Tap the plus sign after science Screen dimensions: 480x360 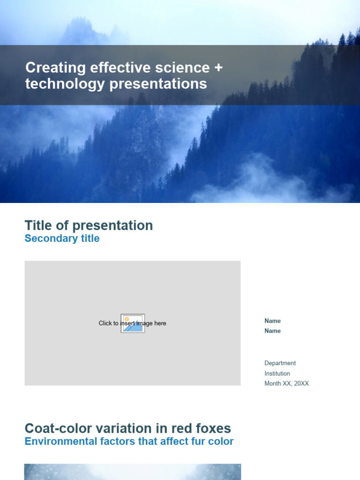218,67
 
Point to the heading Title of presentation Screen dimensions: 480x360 89,225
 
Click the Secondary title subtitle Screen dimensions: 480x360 62,238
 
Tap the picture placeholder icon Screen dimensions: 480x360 133,323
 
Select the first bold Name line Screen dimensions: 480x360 272,321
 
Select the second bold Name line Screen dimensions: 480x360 272,331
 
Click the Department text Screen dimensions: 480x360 280,363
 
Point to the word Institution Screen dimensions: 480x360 277,374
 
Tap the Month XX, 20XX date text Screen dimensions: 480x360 286,383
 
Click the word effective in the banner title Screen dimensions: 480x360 118,67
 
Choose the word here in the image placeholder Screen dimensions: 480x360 160,323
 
